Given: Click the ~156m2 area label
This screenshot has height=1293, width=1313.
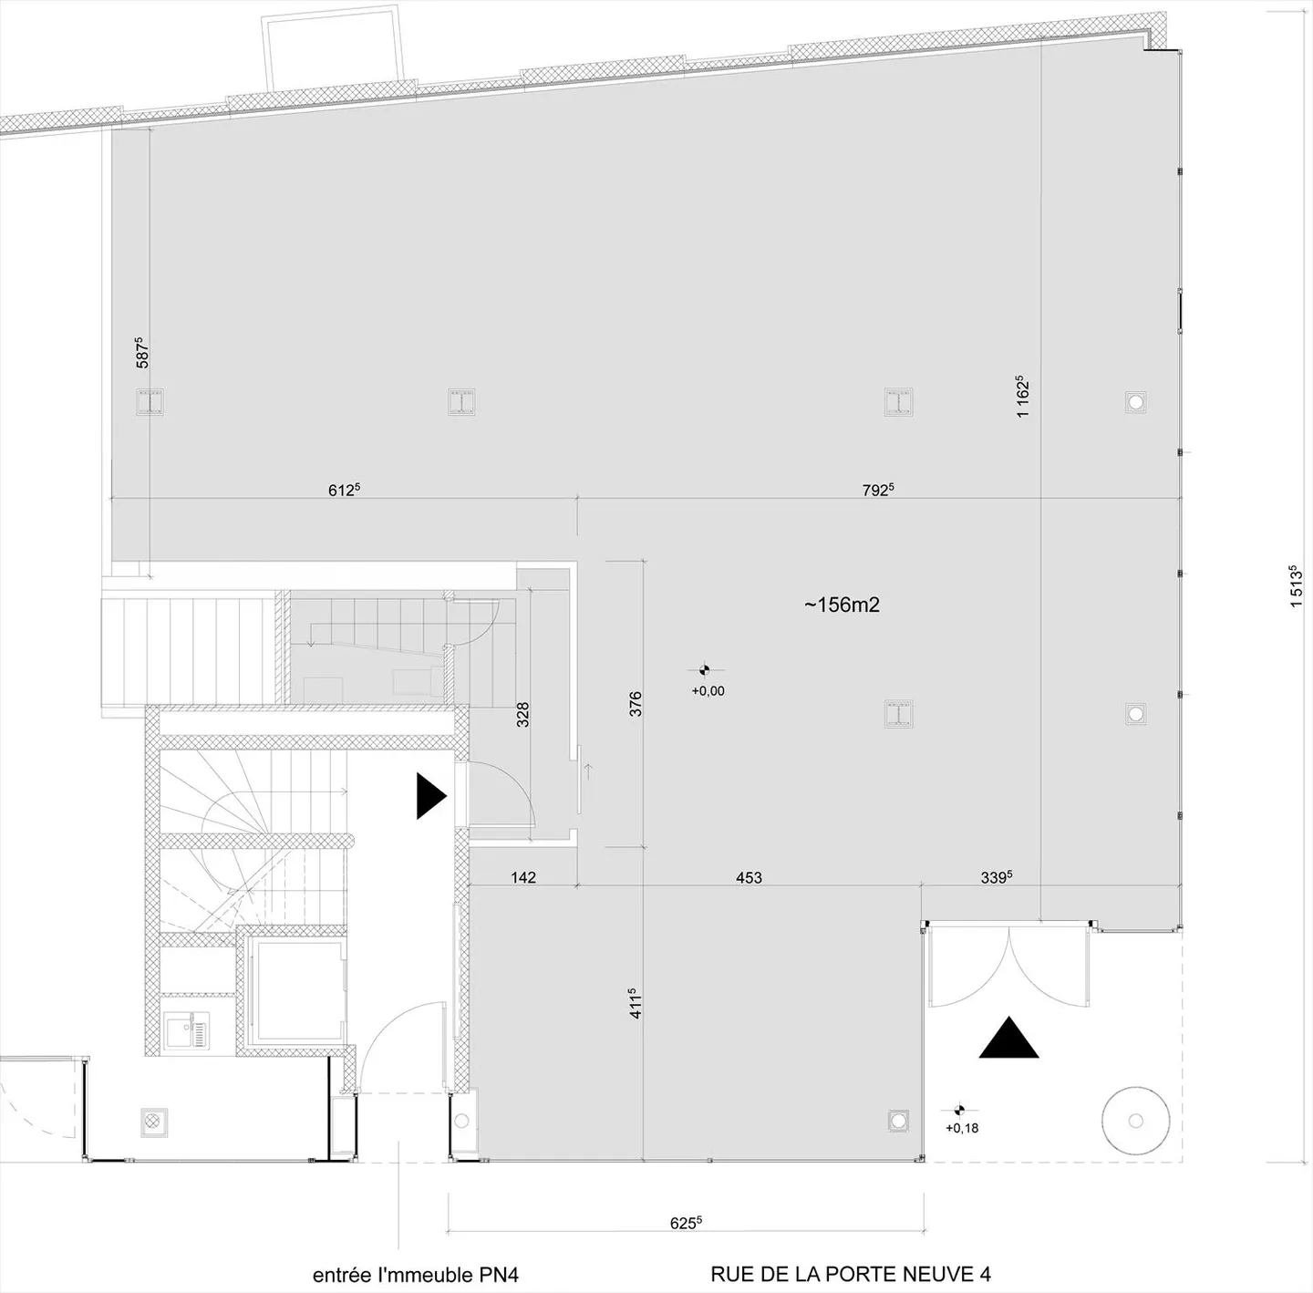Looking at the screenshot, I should (841, 605).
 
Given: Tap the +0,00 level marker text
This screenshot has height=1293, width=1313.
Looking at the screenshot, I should (708, 691).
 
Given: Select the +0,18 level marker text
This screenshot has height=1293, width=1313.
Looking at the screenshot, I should (962, 1128).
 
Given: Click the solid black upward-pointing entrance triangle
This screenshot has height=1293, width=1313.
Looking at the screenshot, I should (1008, 1040).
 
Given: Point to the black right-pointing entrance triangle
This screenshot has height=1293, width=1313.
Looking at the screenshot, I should (429, 796).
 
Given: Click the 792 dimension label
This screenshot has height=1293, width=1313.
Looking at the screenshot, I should (877, 490).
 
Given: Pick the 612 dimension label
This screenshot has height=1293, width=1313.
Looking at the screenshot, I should (344, 490).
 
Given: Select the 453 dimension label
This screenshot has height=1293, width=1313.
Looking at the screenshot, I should (749, 878).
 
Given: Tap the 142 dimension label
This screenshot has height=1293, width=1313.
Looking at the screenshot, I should (523, 878).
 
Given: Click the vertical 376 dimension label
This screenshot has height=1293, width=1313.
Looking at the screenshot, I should (636, 704).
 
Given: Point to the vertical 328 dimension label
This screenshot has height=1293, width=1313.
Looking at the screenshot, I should (522, 713).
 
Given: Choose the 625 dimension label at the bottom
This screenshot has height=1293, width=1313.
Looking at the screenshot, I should (685, 1224).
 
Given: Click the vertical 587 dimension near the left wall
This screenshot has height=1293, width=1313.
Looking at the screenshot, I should (141, 352).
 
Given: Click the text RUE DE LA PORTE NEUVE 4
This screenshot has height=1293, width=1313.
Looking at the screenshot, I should (850, 1274).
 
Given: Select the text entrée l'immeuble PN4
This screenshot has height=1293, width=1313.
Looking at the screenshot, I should (415, 1275).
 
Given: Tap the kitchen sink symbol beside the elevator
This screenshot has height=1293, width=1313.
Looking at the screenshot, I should (187, 1030).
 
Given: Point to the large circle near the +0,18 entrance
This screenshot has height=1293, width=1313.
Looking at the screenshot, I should (1135, 1120).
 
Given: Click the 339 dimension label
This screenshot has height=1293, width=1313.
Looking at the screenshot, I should (996, 878).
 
